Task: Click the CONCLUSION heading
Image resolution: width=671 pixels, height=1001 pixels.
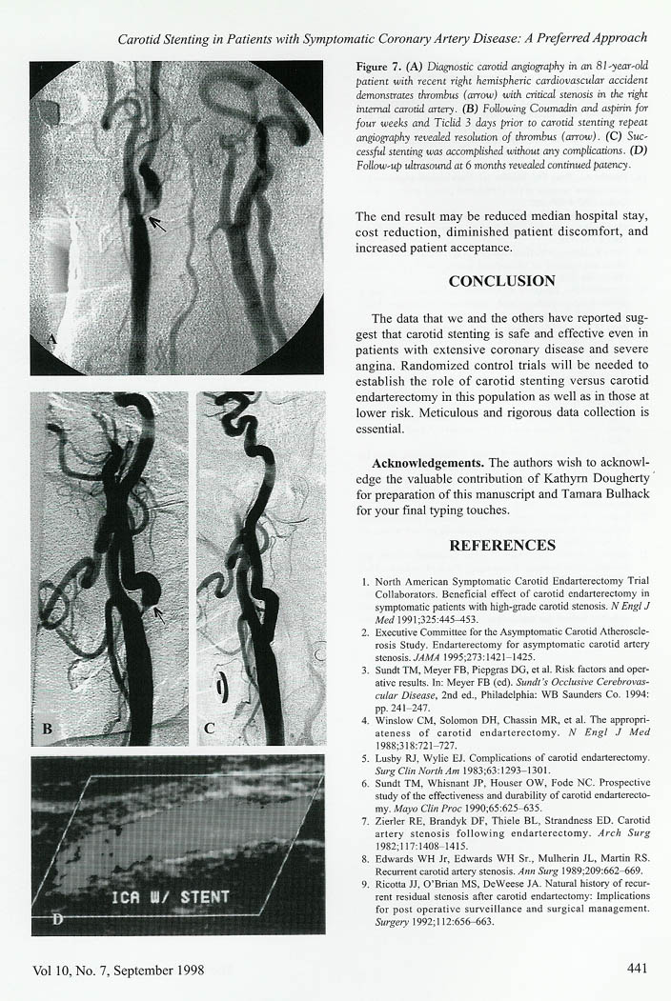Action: point(501,281)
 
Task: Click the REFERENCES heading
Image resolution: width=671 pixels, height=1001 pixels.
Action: point(501,546)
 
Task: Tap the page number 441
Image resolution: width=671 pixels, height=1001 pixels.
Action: point(638,970)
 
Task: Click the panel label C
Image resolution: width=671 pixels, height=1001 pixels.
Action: point(211,731)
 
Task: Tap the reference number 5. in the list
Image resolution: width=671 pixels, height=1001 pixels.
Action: point(367,757)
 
